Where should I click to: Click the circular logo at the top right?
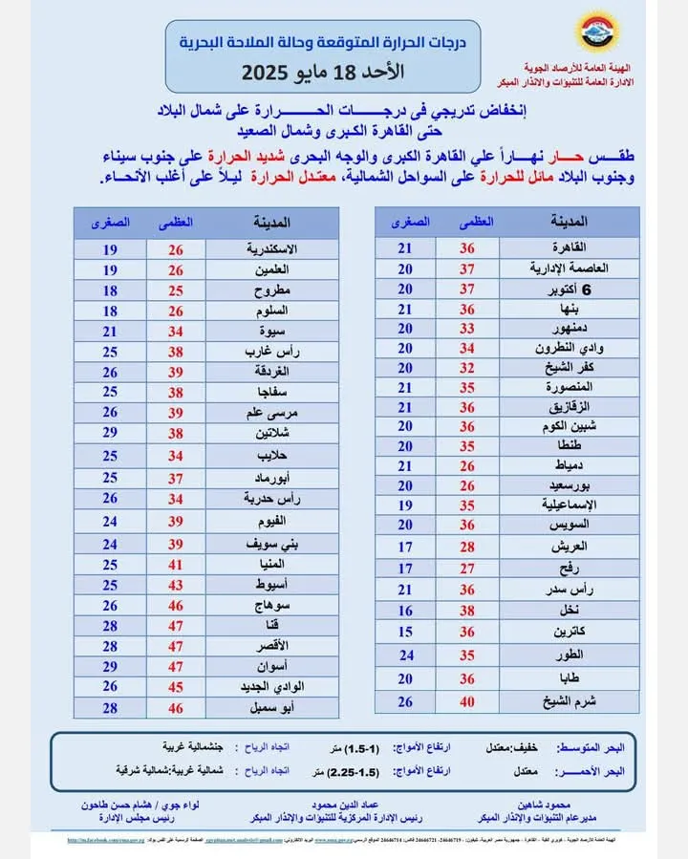[x=598, y=32]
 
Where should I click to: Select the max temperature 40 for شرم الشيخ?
[x=468, y=702]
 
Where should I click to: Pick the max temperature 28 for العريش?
[x=468, y=546]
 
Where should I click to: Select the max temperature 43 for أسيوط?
[x=176, y=584]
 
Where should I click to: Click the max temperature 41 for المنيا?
[x=176, y=563]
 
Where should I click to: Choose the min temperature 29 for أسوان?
[x=110, y=666]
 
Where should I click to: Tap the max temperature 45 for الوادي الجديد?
[x=176, y=687]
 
